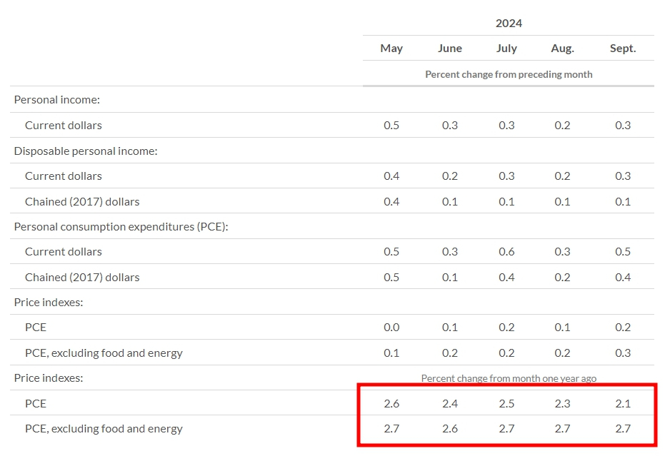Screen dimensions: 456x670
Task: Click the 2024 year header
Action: click(x=509, y=23)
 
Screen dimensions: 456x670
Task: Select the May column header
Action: click(x=391, y=49)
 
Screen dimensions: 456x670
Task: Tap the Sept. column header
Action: click(x=623, y=49)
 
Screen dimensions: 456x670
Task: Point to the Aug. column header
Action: click(x=562, y=49)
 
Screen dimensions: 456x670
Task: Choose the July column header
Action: click(x=506, y=49)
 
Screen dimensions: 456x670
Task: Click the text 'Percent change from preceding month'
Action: click(x=509, y=74)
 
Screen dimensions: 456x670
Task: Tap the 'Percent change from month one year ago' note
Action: click(x=509, y=378)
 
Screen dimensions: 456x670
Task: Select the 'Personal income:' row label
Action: click(x=56, y=100)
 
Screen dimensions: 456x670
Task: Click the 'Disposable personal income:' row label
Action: click(x=86, y=151)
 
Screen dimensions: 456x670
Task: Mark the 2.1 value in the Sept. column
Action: click(x=623, y=403)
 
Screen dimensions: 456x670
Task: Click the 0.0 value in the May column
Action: click(x=391, y=328)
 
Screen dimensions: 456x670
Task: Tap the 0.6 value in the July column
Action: click(x=506, y=251)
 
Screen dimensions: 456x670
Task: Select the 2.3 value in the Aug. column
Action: click(x=562, y=403)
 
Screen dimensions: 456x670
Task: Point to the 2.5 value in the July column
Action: click(x=506, y=403)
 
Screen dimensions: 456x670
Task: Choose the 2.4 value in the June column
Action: click(x=450, y=403)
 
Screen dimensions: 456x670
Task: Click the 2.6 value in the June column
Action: click(x=450, y=429)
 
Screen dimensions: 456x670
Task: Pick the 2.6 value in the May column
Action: click(x=391, y=403)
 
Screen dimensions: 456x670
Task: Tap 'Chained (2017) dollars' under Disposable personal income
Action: click(x=82, y=201)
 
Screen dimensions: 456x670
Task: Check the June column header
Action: click(x=450, y=49)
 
